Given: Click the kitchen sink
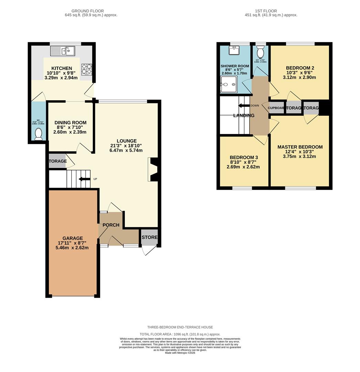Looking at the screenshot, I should [63, 51].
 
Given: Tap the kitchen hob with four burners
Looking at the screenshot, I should [86, 70].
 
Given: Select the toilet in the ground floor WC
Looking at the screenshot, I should [38, 134].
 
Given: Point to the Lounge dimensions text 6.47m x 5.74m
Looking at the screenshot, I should [126, 151].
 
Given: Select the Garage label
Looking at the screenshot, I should [73, 238].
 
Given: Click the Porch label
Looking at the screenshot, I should [111, 225].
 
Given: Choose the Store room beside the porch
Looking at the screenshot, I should [149, 237].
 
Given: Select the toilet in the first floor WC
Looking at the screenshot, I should [261, 52].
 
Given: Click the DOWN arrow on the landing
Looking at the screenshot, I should [244, 106].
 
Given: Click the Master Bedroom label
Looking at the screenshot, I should [300, 147].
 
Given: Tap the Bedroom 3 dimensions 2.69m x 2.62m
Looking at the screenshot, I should [243, 167].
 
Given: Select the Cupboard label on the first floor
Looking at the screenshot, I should [276, 108].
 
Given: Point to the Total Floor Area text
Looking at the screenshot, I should [180, 334].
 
